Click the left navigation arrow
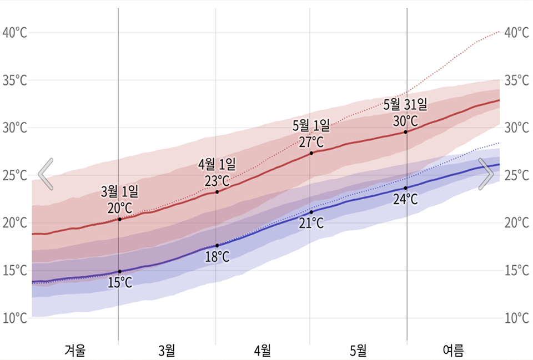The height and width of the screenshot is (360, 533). (x=46, y=174)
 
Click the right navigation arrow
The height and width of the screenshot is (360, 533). (x=486, y=174)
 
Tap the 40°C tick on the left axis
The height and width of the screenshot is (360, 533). (x=15, y=33)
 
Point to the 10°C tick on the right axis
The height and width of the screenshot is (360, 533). (x=516, y=318)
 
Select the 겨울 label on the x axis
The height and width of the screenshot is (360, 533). (x=75, y=351)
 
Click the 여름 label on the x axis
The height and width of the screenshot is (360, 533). (x=452, y=351)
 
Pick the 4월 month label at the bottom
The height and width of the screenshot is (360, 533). (x=263, y=351)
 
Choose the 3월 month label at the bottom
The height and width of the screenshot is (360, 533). (x=167, y=351)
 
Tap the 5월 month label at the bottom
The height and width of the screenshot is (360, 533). (x=358, y=351)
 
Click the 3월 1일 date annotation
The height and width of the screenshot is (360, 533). (x=120, y=192)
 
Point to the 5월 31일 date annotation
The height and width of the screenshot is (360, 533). (x=405, y=104)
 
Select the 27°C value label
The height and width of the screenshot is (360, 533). (x=311, y=142)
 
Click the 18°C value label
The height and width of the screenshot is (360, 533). (x=217, y=257)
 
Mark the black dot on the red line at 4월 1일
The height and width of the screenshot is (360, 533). (x=217, y=192)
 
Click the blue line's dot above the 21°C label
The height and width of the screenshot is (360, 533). (x=311, y=212)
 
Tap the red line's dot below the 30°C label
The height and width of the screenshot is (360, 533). (x=405, y=131)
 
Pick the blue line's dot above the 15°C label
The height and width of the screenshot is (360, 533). (x=119, y=271)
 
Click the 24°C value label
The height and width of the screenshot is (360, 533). (x=405, y=199)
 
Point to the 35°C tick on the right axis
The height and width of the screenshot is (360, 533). (x=516, y=80)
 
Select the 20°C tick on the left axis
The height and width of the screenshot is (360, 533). (x=15, y=223)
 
